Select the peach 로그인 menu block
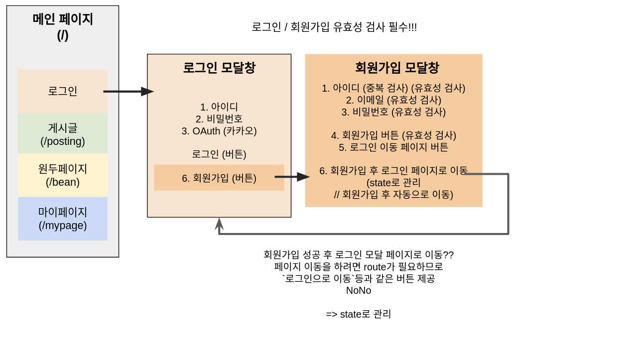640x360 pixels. [x=63, y=92]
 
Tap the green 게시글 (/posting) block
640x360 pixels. [x=63, y=134]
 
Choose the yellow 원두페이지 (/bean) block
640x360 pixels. [x=63, y=175]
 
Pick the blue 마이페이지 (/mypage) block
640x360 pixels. [x=63, y=219]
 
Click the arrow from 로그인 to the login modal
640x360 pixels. [x=128, y=92]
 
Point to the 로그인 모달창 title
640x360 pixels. [x=219, y=68]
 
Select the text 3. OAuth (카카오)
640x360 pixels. [x=219, y=131]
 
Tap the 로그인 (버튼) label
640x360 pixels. [x=219, y=154]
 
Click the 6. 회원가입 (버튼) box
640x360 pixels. [x=219, y=178]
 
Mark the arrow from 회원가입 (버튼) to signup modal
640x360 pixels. [x=292, y=177]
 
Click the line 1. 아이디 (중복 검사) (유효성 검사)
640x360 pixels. [x=393, y=88]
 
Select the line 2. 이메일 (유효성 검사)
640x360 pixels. [x=393, y=100]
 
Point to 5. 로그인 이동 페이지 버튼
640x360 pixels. [x=393, y=147]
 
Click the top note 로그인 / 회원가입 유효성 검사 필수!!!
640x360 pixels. [x=334, y=27]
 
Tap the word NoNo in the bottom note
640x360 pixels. [x=359, y=290]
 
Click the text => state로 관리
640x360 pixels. [x=359, y=314]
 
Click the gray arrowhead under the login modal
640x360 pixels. [x=219, y=224]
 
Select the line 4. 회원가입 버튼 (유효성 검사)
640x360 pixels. [x=393, y=135]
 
